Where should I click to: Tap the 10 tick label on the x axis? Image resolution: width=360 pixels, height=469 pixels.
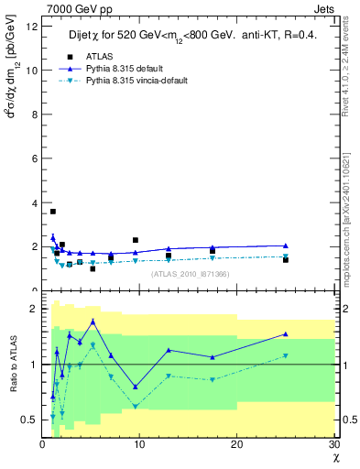pos(139,444)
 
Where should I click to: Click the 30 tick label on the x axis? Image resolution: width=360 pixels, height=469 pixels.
pos(333,444)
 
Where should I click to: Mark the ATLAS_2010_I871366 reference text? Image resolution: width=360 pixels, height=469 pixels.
pos(191,273)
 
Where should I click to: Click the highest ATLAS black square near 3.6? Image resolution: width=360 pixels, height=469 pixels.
pos(53,212)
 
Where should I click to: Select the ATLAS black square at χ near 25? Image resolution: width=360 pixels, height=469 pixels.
pos(286,260)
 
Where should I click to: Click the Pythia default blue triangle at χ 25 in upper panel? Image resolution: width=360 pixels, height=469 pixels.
pos(286,245)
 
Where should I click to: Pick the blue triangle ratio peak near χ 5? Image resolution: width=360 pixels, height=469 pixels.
pos(93,322)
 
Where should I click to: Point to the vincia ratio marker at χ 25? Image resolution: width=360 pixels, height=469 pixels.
pos(286,355)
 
